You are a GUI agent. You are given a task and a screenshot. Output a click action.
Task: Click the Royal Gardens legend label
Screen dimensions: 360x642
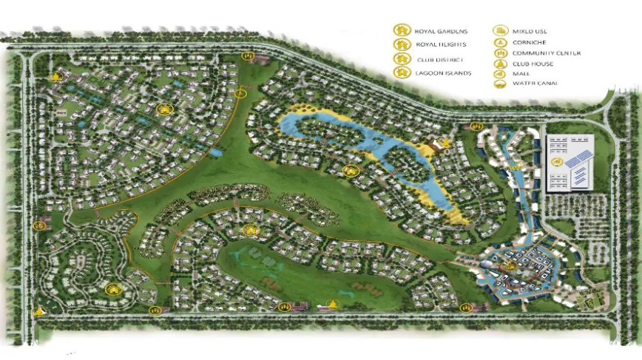[441, 31]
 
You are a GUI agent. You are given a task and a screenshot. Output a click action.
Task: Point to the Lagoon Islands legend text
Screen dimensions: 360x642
[444, 72]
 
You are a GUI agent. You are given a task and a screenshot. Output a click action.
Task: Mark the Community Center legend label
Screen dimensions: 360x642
[546, 53]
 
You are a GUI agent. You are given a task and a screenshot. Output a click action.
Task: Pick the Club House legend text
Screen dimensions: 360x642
[533, 64]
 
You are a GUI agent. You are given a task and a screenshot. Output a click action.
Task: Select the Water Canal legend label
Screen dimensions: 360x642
[535, 84]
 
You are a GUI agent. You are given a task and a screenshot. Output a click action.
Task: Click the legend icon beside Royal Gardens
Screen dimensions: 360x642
[401, 31]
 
